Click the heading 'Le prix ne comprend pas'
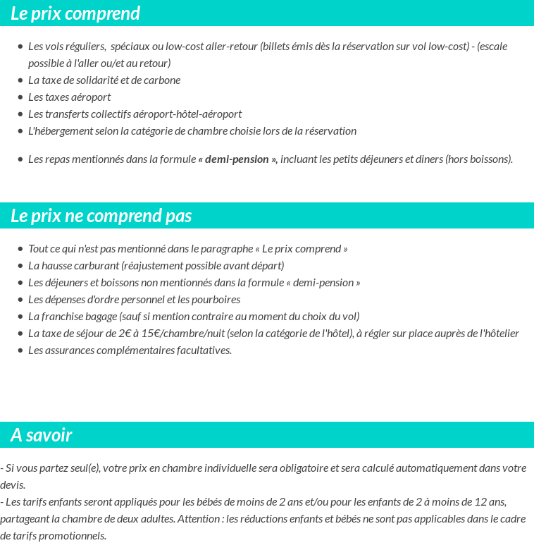(x=101, y=216)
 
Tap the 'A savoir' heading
(x=41, y=435)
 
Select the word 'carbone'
(x=163, y=80)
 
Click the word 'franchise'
(x=61, y=317)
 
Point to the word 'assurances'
(x=69, y=350)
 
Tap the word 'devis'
(x=13, y=485)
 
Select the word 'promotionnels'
(x=74, y=536)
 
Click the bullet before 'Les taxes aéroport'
(x=20, y=97)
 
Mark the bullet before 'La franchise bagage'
(x=20, y=317)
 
